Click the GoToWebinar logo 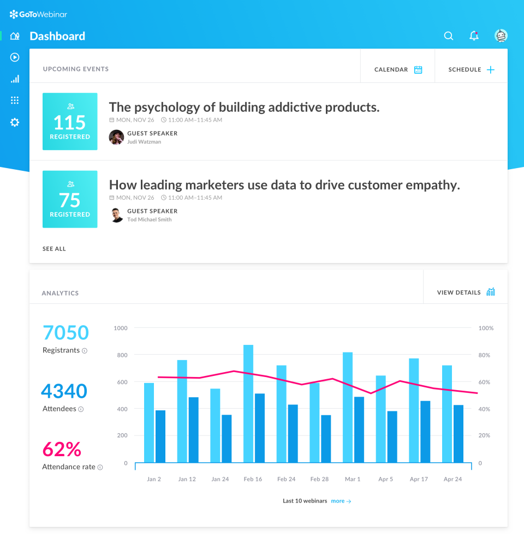tap(38, 14)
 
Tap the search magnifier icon tap(449, 36)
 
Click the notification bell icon tap(474, 36)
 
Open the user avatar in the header tap(501, 36)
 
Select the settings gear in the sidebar tap(15, 122)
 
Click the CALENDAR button tap(398, 70)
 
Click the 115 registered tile tap(70, 122)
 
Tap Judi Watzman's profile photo tap(116, 137)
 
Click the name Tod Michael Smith tap(149, 219)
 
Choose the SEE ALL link tap(54, 249)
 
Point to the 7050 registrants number tap(65, 332)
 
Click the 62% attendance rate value tap(62, 449)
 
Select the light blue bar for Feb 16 tap(248, 404)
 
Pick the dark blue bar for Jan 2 tap(160, 437)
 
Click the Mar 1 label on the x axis tap(353, 479)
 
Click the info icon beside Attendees tap(81, 409)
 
